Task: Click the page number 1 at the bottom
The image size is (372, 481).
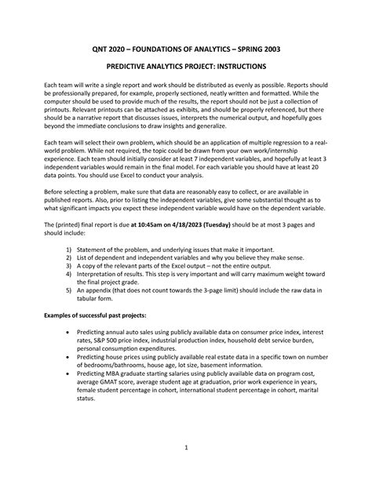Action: click(186, 447)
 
